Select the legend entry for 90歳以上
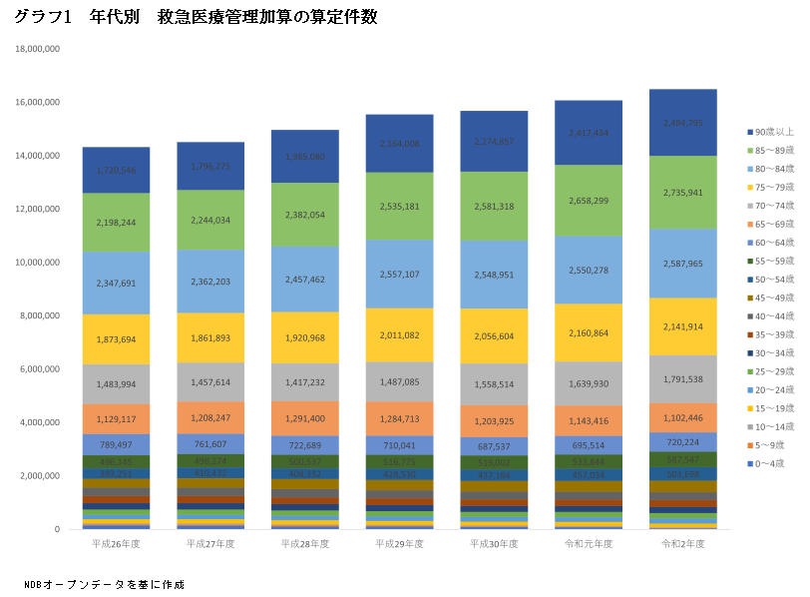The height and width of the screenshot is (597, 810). (x=774, y=131)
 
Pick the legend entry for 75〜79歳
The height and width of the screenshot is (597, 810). (x=774, y=187)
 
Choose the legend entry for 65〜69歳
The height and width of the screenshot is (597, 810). (x=774, y=224)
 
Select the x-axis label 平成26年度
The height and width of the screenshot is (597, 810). (x=116, y=544)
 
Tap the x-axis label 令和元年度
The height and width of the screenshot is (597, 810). (x=589, y=544)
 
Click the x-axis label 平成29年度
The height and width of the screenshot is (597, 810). (x=400, y=544)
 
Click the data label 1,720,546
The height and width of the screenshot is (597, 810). (x=116, y=171)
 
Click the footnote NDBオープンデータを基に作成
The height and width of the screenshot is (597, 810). (x=105, y=584)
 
